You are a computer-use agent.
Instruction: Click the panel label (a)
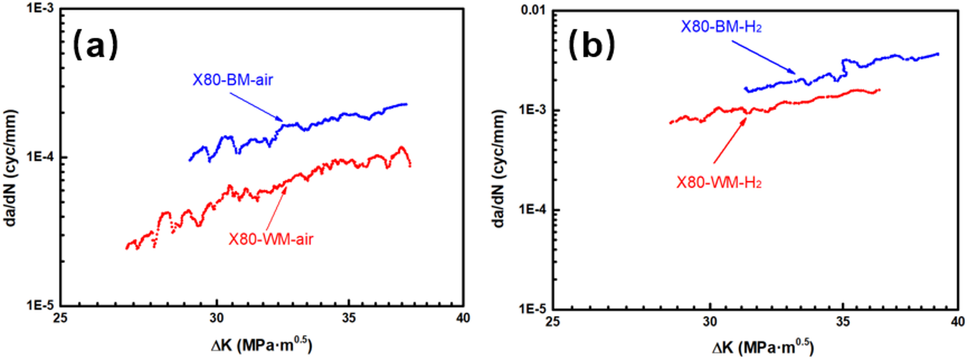pos(95,45)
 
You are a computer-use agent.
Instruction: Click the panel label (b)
pos(592,45)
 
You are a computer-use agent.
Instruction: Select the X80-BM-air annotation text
pos(233,80)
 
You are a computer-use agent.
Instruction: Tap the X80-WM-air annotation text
pos(270,239)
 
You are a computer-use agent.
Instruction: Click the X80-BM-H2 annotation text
pos(721,27)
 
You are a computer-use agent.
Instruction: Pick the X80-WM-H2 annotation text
pos(719,183)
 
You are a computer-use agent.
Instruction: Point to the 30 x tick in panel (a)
pos(216,318)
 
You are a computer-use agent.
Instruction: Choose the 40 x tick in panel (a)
pos(463,318)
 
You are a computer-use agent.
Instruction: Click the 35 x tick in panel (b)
pos(843,321)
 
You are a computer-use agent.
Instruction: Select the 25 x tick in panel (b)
pos(552,321)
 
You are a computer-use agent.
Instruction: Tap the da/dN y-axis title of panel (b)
pos(498,168)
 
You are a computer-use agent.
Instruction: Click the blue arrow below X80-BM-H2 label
pos(764,57)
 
